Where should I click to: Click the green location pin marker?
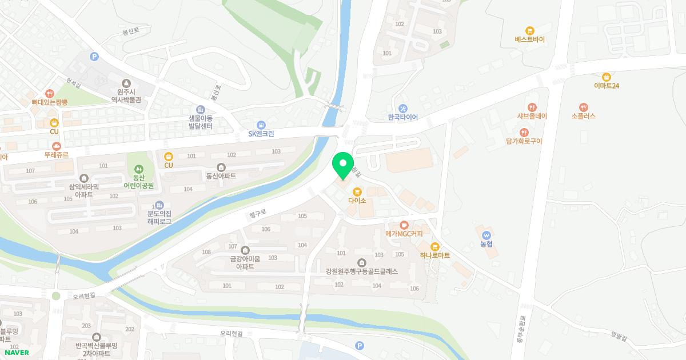click(343, 166)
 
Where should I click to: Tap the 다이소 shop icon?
click(357, 191)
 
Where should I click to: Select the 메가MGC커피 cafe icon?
click(404, 225)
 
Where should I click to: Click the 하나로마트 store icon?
click(434, 246)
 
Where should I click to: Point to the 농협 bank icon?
click(486, 234)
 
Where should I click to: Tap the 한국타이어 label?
click(403, 117)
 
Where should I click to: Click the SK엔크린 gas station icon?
click(261, 125)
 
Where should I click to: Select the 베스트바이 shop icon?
click(530, 31)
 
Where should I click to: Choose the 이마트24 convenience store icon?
click(607, 77)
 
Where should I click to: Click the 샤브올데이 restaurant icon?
click(532, 107)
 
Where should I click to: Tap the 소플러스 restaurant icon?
click(583, 107)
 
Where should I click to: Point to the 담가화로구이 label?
click(524, 141)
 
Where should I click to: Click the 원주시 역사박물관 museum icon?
click(126, 83)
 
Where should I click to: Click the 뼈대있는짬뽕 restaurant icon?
click(50, 93)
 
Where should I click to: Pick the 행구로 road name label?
click(258, 214)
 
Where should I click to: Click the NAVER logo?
click(16, 353)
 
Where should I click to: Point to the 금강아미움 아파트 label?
click(245, 263)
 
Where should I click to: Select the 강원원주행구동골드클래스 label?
click(361, 271)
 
